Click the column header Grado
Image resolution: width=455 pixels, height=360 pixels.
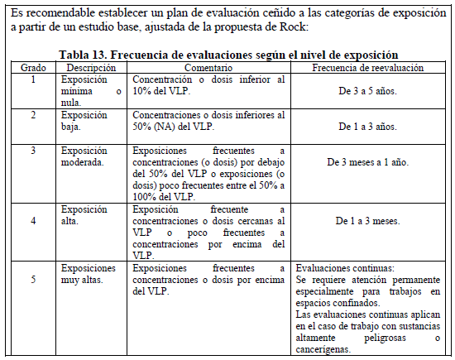(x=33, y=67)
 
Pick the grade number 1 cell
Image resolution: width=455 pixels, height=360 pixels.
(x=33, y=79)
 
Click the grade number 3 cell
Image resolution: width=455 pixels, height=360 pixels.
(x=33, y=151)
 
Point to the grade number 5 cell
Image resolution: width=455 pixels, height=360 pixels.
(x=33, y=280)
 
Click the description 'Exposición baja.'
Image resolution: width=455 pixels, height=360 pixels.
(x=84, y=121)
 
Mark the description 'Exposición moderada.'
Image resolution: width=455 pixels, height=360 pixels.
(x=85, y=156)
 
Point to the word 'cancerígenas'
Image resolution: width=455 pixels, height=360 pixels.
(x=327, y=350)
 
